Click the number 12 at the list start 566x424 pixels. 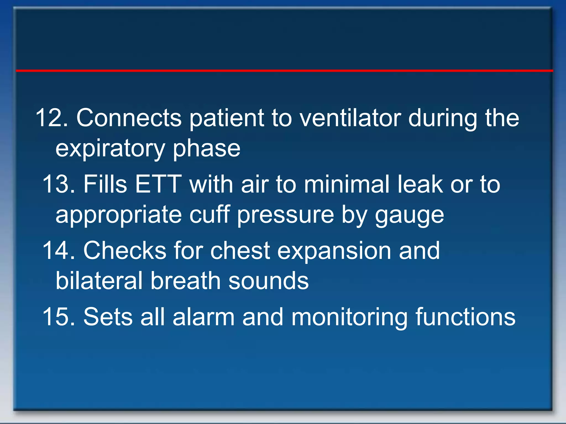coord(51,118)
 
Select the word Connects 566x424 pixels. coord(129,118)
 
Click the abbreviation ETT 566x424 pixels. coord(158,184)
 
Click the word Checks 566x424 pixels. coord(125,251)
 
